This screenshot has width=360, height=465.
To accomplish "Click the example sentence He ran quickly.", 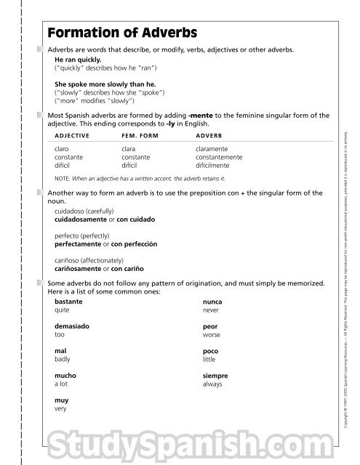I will pyautogui.click(x=78, y=59).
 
